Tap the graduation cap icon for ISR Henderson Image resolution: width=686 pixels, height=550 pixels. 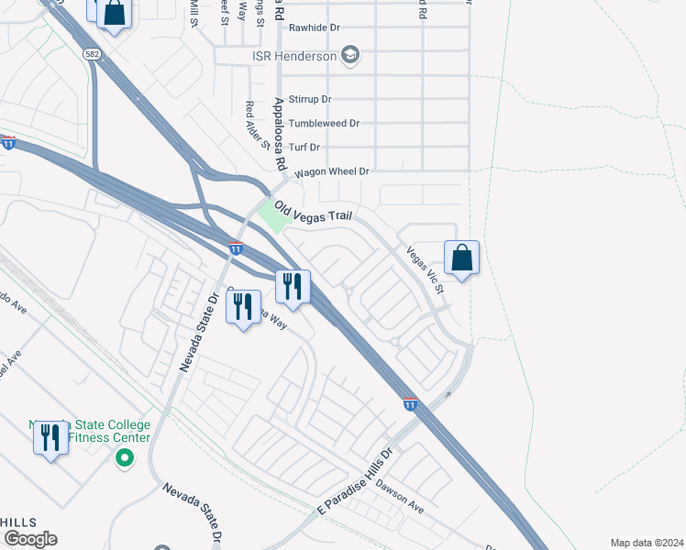pos(349,56)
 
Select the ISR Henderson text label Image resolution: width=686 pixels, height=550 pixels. pos(293,57)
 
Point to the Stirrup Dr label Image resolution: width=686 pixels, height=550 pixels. pos(309,99)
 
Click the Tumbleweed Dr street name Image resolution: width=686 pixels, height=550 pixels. pos(323,123)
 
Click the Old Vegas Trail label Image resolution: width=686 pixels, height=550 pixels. pos(314,214)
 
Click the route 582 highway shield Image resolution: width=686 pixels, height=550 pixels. pos(91,55)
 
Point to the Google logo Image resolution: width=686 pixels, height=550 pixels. pos(30,538)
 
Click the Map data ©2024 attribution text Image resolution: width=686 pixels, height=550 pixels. pos(647,543)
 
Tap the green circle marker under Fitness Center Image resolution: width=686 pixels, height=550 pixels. pos(123,457)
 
